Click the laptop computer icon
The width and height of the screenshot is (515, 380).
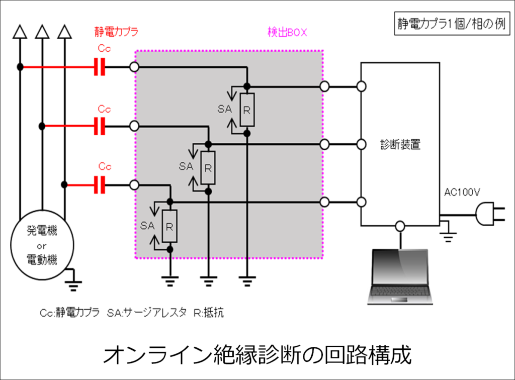[401, 277]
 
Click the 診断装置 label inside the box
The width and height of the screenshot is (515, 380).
[400, 145]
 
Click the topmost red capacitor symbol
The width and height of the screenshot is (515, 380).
[100, 67]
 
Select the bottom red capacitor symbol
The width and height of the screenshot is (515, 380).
[100, 185]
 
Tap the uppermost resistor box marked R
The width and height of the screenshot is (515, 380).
[246, 110]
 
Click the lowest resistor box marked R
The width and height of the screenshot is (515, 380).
[170, 226]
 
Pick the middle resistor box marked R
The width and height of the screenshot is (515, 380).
[208, 168]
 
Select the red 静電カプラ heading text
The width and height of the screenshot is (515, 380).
[116, 32]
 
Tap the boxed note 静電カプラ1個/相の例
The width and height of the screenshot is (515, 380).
[451, 25]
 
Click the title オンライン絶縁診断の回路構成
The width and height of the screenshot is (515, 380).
[257, 355]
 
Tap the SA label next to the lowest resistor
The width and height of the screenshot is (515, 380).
[147, 226]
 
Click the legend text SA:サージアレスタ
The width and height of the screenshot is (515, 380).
[147, 313]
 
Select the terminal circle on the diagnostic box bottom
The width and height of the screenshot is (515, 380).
[400, 226]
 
